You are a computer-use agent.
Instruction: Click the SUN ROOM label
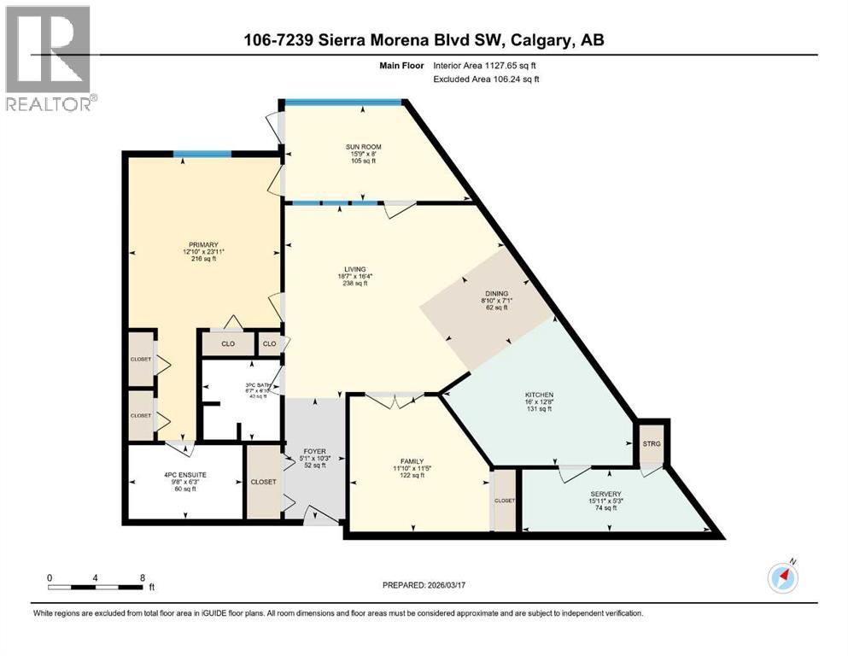(x=363, y=147)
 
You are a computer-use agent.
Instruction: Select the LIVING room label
(x=354, y=269)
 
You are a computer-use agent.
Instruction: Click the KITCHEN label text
(x=540, y=395)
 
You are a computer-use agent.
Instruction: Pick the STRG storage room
(x=652, y=443)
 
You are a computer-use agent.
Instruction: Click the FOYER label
(x=315, y=452)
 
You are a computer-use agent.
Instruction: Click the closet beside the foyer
(x=263, y=482)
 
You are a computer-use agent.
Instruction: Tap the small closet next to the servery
(x=505, y=501)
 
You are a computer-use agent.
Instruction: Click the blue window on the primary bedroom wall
(x=202, y=154)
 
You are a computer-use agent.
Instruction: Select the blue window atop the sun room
(x=343, y=103)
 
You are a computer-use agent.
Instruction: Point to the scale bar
(x=96, y=587)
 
